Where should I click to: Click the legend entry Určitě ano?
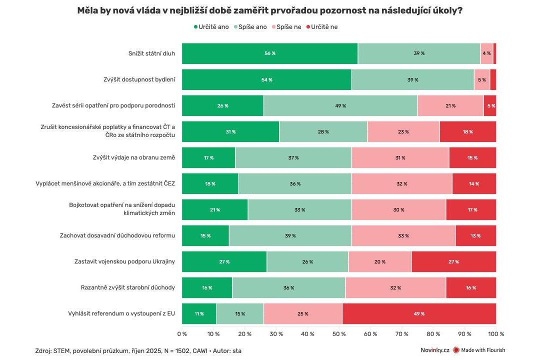(x=211, y=27)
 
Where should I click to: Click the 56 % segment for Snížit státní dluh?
(x=269, y=53)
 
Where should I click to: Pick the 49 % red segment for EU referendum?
(x=419, y=313)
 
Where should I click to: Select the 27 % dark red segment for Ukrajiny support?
(x=453, y=261)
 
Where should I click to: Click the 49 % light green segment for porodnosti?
(x=340, y=105)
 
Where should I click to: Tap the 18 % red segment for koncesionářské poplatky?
(x=467, y=131)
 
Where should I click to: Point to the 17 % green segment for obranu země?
(x=208, y=157)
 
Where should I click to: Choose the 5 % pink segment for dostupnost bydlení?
(x=481, y=79)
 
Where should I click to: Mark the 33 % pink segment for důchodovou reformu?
(x=403, y=235)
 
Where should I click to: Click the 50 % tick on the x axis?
(x=339, y=333)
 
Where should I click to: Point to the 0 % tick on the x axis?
(x=182, y=333)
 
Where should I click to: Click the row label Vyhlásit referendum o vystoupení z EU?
(x=121, y=313)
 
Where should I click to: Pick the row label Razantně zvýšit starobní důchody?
(x=127, y=287)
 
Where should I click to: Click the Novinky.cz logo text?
(x=434, y=350)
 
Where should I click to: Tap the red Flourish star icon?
(x=455, y=350)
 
